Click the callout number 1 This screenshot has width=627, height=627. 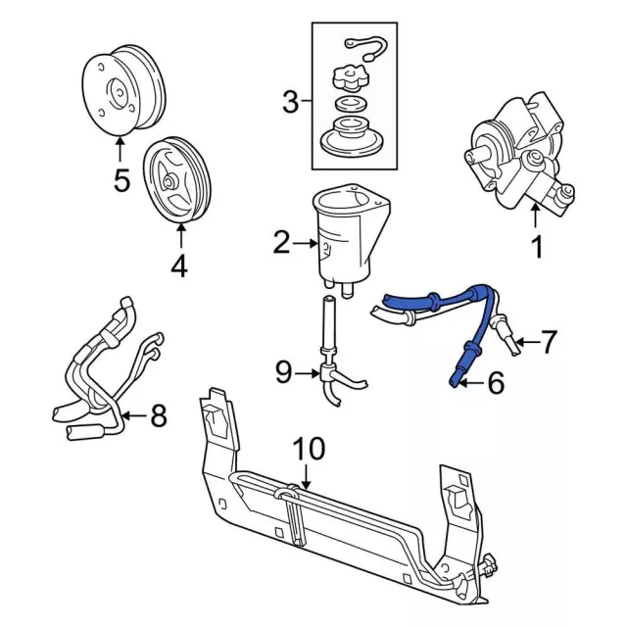pos(537,248)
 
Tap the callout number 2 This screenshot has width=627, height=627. pos(282,243)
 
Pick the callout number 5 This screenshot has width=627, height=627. pos(121,182)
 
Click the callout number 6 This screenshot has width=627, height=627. pos(495,383)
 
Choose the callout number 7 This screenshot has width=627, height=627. pos(549,342)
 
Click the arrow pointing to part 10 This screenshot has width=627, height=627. pos(307,478)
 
